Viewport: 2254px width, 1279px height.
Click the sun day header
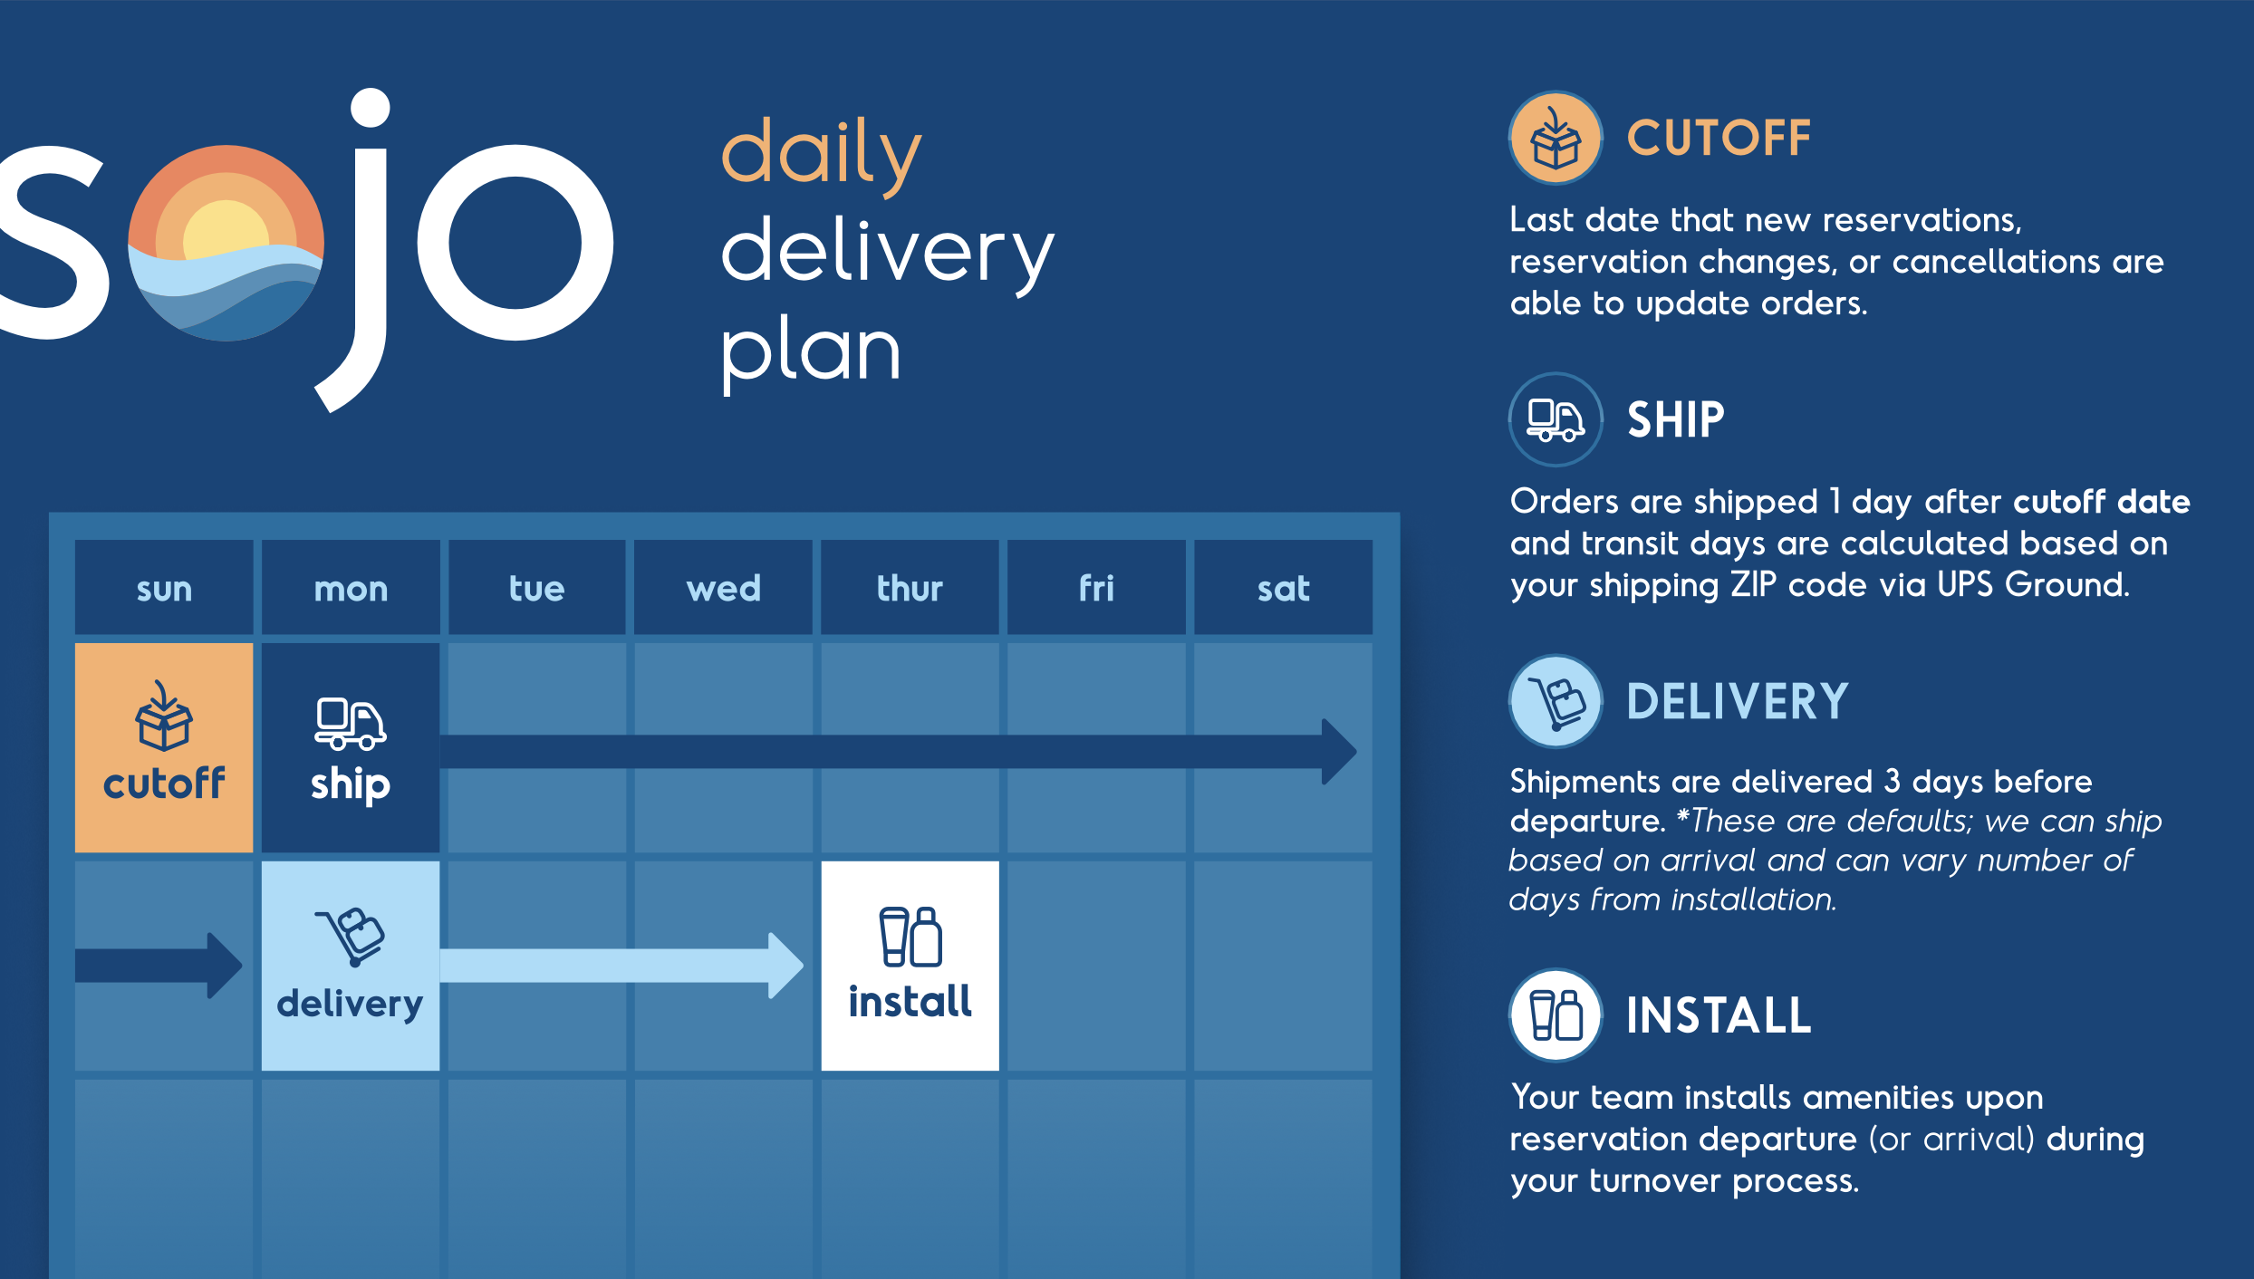[164, 588]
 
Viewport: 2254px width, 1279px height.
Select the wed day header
[723, 588]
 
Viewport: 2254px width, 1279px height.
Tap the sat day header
[1283, 588]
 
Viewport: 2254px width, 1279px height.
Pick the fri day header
[1096, 588]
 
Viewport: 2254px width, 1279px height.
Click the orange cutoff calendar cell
[164, 747]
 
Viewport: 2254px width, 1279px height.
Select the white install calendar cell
[910, 966]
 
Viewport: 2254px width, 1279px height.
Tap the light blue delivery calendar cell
[351, 966]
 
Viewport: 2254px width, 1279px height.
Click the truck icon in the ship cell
[350, 724]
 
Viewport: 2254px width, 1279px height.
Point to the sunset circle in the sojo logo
[226, 243]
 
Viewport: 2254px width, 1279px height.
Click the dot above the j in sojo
[371, 108]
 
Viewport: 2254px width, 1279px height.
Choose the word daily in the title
[822, 156]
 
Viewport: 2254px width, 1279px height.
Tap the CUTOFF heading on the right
[1719, 139]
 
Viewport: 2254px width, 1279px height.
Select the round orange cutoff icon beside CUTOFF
[1556, 138]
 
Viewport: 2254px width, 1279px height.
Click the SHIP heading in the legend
[1676, 420]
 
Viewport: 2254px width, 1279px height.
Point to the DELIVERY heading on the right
[1737, 702]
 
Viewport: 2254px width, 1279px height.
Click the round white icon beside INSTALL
[1556, 1015]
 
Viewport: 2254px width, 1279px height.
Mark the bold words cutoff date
[2102, 502]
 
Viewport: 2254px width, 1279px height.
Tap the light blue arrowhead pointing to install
[785, 966]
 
